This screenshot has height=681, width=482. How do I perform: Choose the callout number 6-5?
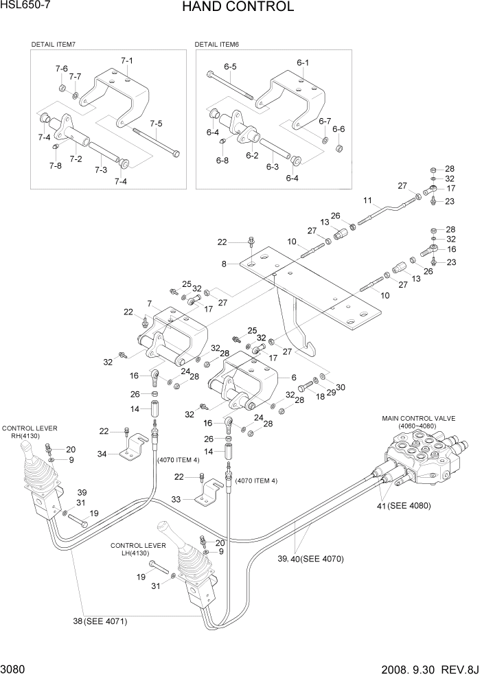229,67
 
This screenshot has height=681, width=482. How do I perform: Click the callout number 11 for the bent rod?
367,200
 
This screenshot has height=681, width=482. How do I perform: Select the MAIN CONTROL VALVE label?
417,418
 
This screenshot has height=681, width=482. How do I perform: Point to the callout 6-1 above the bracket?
303,62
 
